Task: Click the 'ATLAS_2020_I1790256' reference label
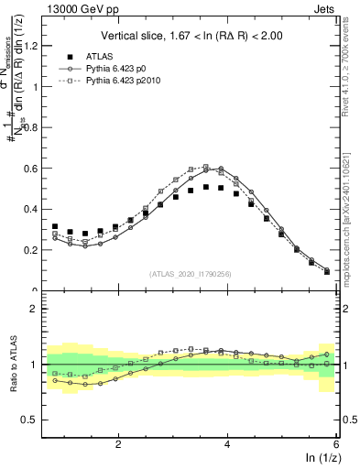[x=191, y=273]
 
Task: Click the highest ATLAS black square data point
[x=206, y=187]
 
